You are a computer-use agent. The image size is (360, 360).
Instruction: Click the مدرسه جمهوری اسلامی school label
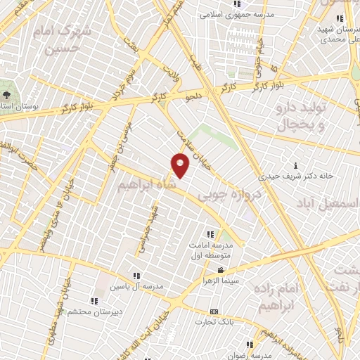pyautogui.click(x=231, y=14)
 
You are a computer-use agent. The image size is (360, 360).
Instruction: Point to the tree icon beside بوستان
pyautogui.click(x=8, y=94)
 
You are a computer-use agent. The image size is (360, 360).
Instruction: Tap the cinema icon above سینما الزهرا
pyautogui.click(x=221, y=270)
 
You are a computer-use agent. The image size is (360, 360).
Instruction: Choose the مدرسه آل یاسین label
pyautogui.click(x=137, y=287)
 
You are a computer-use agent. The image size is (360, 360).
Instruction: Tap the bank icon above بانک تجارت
pyautogui.click(x=214, y=311)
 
